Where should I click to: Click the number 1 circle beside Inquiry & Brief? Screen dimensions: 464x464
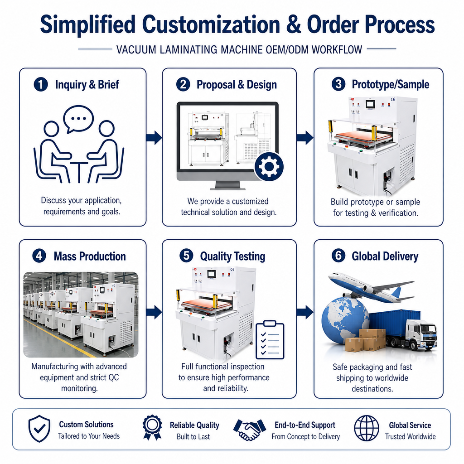point(41,84)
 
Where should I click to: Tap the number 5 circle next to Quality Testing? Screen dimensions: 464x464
point(186,256)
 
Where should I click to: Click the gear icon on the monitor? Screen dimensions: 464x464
point(269,167)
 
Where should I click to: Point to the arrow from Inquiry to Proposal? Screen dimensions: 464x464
point(154,138)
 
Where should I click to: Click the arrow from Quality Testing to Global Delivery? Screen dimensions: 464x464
point(305,312)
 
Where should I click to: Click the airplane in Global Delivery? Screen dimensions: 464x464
point(371,287)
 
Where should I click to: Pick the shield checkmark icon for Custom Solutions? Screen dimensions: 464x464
point(39,429)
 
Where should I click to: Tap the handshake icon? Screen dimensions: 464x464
point(250,430)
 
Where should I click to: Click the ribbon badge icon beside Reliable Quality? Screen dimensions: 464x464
point(152,427)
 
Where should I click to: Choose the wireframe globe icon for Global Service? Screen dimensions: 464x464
point(367,428)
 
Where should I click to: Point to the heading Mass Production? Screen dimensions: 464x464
point(90,256)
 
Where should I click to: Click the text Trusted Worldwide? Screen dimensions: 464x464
point(410,436)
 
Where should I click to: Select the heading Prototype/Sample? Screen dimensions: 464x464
point(390,85)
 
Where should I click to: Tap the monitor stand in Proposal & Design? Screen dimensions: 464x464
point(227,185)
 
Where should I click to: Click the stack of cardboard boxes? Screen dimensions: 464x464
point(365,340)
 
